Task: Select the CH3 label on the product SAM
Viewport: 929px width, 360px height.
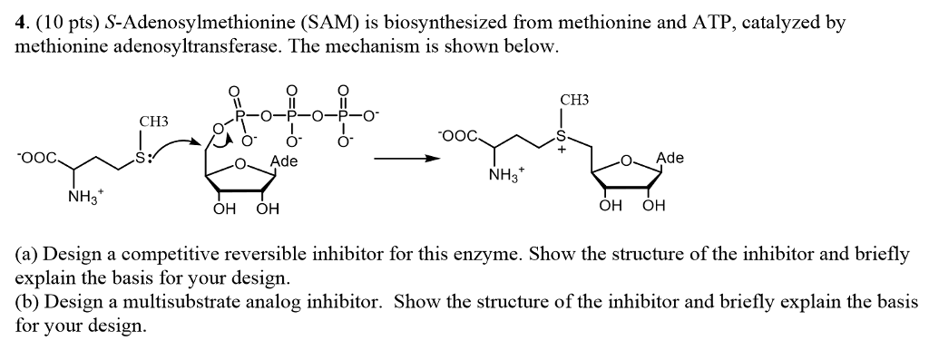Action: tap(574, 100)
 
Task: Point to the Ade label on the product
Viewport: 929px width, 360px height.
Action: tap(670, 158)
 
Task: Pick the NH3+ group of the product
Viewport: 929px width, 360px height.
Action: tap(504, 174)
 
